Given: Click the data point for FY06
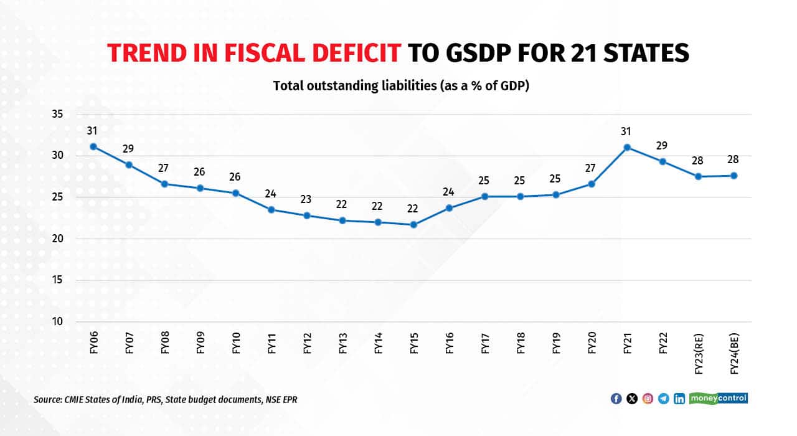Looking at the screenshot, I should click(x=93, y=146).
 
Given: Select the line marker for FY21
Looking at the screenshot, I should click(x=627, y=147).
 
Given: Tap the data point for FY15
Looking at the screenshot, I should click(x=413, y=224).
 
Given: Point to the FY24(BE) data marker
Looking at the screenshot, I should click(x=733, y=176).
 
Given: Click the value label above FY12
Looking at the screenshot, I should click(x=306, y=200).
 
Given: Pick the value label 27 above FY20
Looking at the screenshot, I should click(x=591, y=169).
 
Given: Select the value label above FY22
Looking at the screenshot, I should click(x=663, y=146).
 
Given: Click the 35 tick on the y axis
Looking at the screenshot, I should click(x=57, y=114).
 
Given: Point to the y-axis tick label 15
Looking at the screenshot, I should click(x=57, y=280).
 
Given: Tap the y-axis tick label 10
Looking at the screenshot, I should click(x=57, y=322).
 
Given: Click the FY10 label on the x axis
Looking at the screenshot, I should click(x=236, y=341).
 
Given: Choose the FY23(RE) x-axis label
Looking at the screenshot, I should click(x=698, y=350).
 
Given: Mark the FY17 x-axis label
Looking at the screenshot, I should click(x=484, y=341).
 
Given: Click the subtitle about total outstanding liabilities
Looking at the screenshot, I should click(x=401, y=86).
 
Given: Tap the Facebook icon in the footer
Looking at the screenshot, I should click(x=616, y=399).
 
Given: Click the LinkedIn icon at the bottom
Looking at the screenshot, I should click(x=679, y=399).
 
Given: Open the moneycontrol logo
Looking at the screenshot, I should click(x=719, y=398).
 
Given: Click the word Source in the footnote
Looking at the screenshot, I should click(x=47, y=399).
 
